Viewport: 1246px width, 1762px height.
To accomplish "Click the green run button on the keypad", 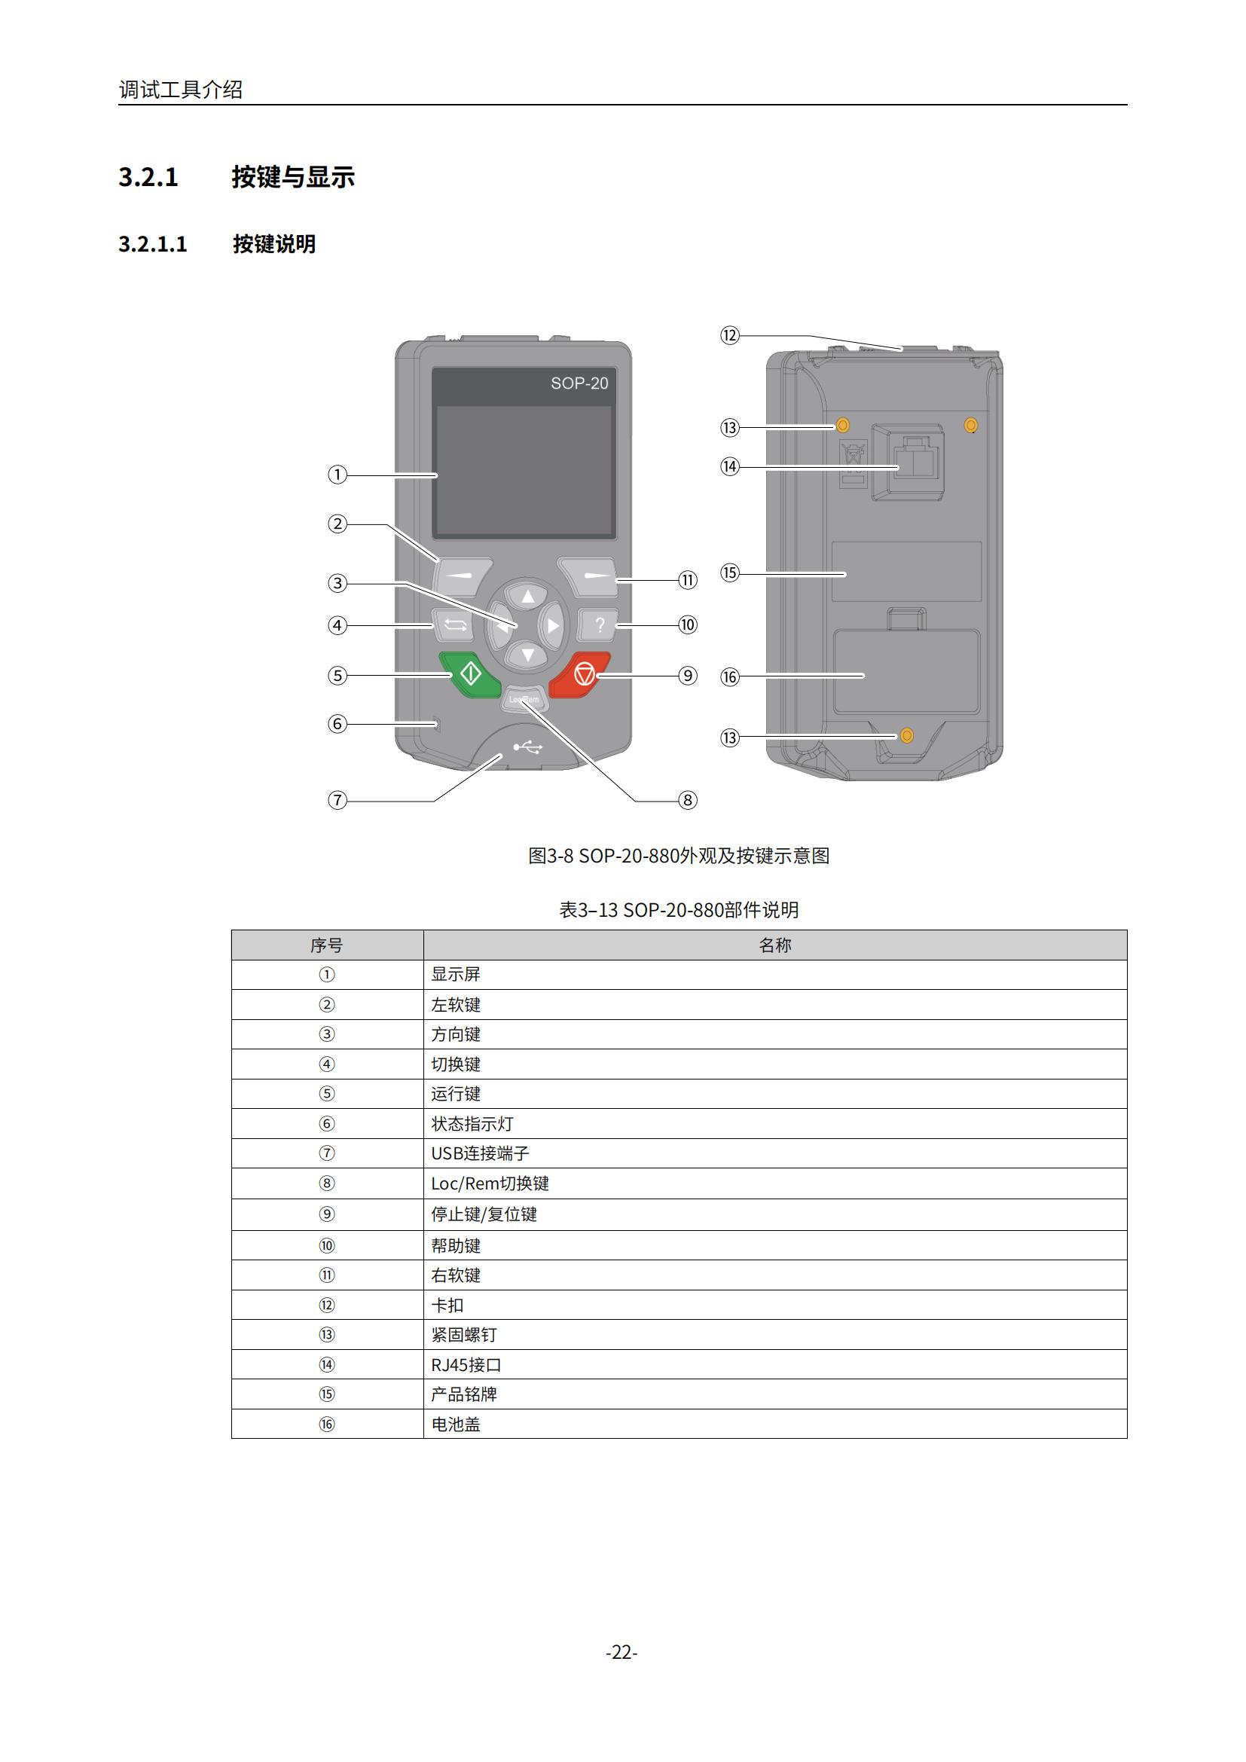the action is coord(469,674).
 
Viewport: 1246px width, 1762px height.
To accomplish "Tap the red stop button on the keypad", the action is coord(580,674).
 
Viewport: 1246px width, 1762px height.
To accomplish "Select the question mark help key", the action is coord(599,624).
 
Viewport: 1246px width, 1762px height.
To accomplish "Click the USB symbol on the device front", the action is coord(529,746).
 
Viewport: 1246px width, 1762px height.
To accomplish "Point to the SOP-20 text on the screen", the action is coord(579,383).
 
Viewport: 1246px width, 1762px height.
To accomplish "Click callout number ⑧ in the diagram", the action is coord(688,801).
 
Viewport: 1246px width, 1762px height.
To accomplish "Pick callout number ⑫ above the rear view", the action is coord(730,335).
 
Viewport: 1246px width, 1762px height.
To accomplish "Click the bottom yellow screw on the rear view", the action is coord(906,736).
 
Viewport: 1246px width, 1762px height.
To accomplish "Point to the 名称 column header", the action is coord(775,945).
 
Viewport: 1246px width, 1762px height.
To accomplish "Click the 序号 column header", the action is coord(327,945).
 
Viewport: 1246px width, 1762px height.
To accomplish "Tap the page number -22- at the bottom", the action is coord(621,1651).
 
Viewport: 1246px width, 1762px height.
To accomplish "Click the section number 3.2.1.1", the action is coord(153,244).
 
